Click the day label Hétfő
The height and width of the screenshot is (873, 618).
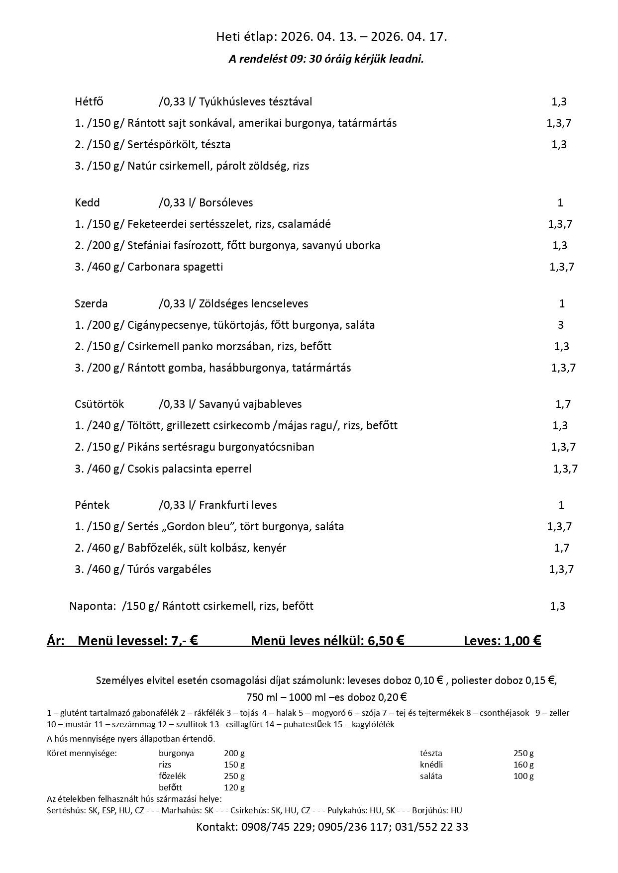[x=89, y=102]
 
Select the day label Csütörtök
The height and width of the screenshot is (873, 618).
[x=99, y=404]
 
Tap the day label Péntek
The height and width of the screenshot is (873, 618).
[x=92, y=505]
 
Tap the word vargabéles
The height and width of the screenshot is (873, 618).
[x=184, y=570]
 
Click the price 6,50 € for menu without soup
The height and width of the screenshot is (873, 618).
[x=386, y=641]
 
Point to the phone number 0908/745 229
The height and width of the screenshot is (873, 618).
[x=276, y=827]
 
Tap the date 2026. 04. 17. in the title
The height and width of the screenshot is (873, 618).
[x=409, y=36]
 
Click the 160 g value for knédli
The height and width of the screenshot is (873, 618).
[x=523, y=765]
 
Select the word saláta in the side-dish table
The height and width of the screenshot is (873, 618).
[x=431, y=776]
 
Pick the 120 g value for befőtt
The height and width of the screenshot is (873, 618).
[x=234, y=787]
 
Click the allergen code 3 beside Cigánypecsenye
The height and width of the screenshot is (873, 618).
[x=561, y=325]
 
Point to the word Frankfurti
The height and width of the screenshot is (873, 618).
[x=223, y=505]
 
